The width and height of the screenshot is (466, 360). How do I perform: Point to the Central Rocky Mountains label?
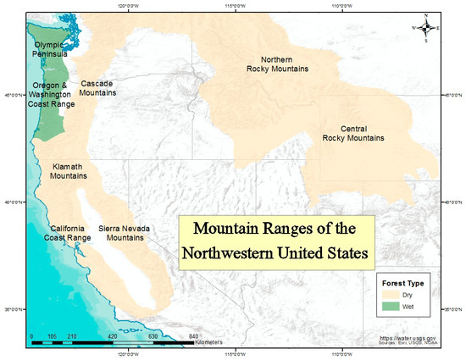[x=352, y=132]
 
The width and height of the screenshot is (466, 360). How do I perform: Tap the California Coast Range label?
[x=69, y=233]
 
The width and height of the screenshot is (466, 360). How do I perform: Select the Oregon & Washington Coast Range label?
[x=53, y=94]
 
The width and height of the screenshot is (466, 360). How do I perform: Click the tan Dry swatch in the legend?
[x=391, y=293]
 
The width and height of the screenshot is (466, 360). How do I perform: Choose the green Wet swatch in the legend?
[x=391, y=305]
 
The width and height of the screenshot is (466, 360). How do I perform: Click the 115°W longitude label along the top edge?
[x=236, y=8]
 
